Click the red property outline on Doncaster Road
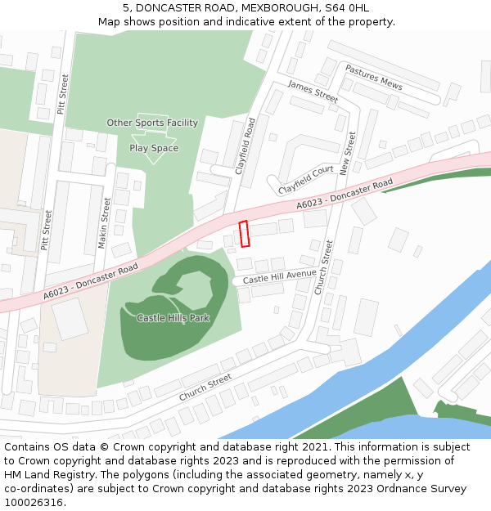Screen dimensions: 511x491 (243, 234)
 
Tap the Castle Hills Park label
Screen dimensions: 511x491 (173, 317)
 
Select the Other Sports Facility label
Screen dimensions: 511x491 (152, 123)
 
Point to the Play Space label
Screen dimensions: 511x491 (154, 148)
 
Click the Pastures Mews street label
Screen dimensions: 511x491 (374, 78)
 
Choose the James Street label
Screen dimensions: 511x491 (313, 92)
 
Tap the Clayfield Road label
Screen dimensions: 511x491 (245, 146)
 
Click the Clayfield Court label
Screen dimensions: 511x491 (307, 179)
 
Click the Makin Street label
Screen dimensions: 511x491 (105, 222)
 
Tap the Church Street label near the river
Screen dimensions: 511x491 (205, 388)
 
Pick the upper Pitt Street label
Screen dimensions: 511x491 (63, 94)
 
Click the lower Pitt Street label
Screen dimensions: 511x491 (47, 230)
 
